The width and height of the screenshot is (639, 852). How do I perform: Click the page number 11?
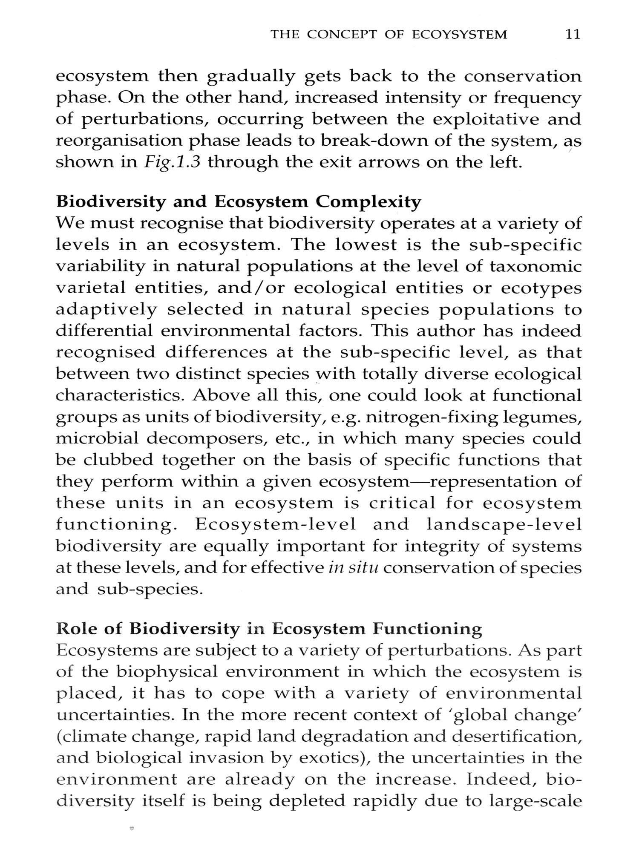(573, 35)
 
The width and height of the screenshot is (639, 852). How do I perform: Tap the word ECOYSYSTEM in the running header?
(460, 35)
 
